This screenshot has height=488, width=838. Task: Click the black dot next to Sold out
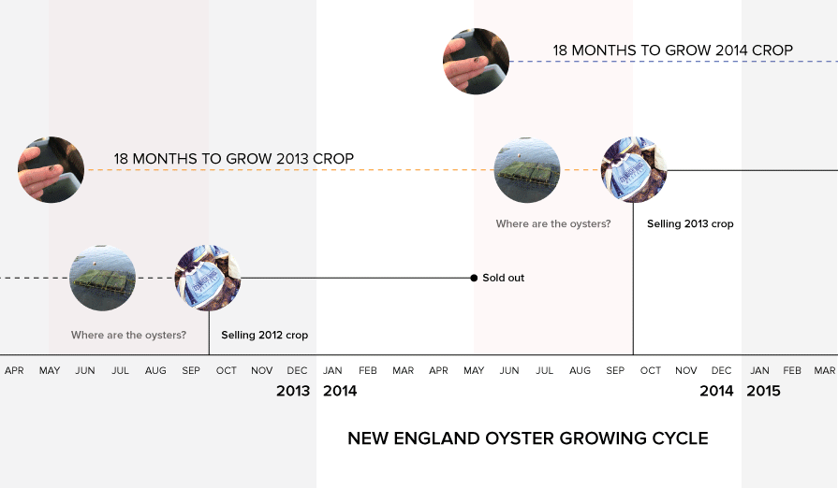pos(474,278)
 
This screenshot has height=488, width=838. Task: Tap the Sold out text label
pos(503,278)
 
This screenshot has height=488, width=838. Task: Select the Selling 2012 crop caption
pos(265,335)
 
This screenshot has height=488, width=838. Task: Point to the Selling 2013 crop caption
pos(690,223)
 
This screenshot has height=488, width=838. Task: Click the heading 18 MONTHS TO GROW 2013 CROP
pos(233,158)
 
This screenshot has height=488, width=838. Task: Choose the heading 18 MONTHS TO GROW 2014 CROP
pos(672,50)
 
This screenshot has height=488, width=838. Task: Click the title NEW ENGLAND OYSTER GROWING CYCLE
pos(527,438)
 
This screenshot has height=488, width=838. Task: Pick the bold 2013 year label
pos(293,391)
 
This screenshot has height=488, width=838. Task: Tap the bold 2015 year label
pos(763,391)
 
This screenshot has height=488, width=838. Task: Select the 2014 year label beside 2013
pos(340,391)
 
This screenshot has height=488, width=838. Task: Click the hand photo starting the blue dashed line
pos(477,62)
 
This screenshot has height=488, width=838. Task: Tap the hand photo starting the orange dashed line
pos(51,169)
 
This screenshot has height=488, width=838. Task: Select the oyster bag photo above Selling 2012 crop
pos(208,278)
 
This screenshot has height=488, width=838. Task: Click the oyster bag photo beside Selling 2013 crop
pos(634,169)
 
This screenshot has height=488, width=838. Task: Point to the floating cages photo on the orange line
pos(527,169)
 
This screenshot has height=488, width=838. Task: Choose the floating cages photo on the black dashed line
pos(102,278)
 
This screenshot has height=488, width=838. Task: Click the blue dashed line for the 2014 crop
pos(673,62)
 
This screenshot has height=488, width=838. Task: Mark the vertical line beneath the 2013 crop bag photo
pos(633,279)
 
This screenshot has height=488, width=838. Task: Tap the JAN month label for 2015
pos(759,370)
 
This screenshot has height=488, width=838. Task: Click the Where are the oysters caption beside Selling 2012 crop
pos(128,335)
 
